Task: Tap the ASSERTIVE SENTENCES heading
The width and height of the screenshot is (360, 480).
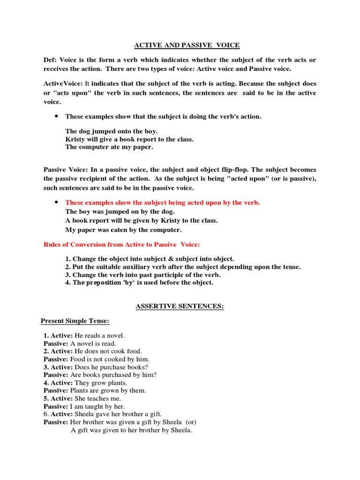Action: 180,307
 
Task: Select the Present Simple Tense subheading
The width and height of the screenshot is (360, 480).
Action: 75,321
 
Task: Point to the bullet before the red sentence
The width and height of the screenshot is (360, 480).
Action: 56,202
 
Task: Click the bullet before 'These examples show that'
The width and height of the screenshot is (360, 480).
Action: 56,116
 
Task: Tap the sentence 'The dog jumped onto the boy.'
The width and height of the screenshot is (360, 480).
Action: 112,131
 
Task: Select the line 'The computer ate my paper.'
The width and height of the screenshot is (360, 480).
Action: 109,147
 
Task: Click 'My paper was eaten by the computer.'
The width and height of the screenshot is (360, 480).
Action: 123,230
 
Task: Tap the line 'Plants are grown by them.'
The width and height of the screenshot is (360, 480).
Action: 108,390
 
